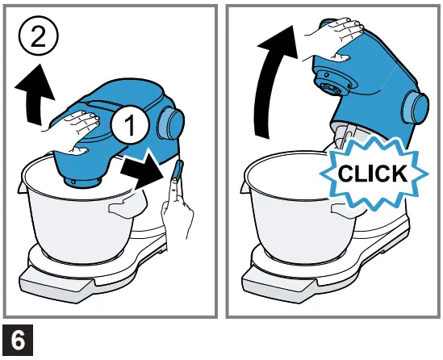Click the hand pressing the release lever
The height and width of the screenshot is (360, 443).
177,218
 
